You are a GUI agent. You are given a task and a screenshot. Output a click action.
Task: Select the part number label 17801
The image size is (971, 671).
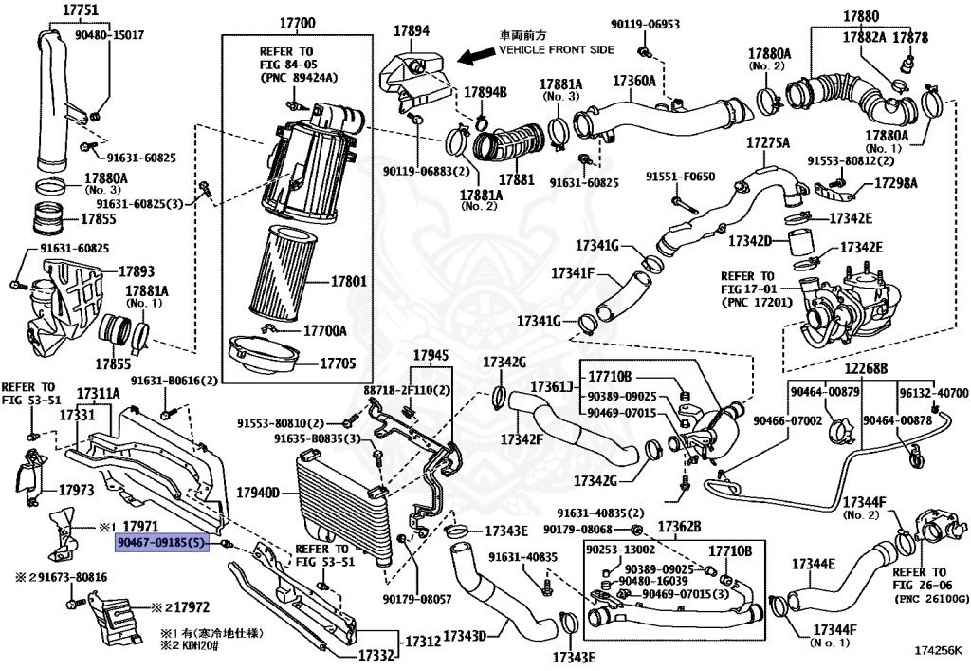click(350, 282)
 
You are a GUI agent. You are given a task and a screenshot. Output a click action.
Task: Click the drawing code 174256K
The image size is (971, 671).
click(938, 652)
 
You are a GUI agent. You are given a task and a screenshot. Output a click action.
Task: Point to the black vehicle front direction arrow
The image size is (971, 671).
click(473, 56)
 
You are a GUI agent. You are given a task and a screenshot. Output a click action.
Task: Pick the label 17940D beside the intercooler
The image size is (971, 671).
click(258, 493)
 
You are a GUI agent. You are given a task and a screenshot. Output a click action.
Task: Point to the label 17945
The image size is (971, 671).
click(429, 355)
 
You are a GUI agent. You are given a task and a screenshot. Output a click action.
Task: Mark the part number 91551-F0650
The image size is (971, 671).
click(680, 177)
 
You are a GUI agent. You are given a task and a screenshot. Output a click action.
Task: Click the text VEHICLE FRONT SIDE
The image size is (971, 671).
click(556, 49)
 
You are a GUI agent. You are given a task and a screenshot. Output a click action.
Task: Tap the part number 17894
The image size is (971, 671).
click(412, 30)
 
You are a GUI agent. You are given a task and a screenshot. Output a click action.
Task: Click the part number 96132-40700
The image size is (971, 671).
click(933, 393)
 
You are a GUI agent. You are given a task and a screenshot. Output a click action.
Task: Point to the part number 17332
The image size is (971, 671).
click(376, 655)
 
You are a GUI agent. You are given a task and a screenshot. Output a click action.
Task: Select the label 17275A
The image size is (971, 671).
click(767, 142)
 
